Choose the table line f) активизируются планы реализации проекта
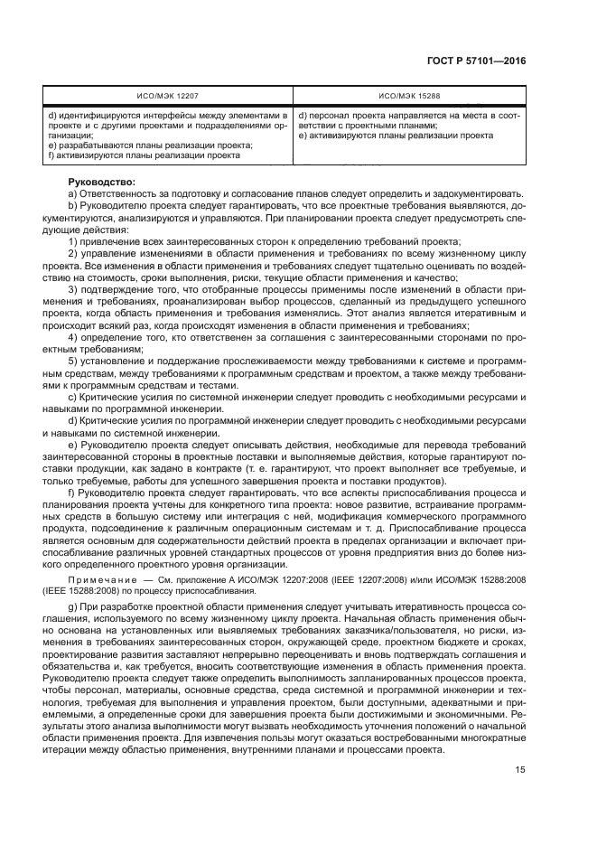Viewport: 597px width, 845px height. click(x=144, y=155)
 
